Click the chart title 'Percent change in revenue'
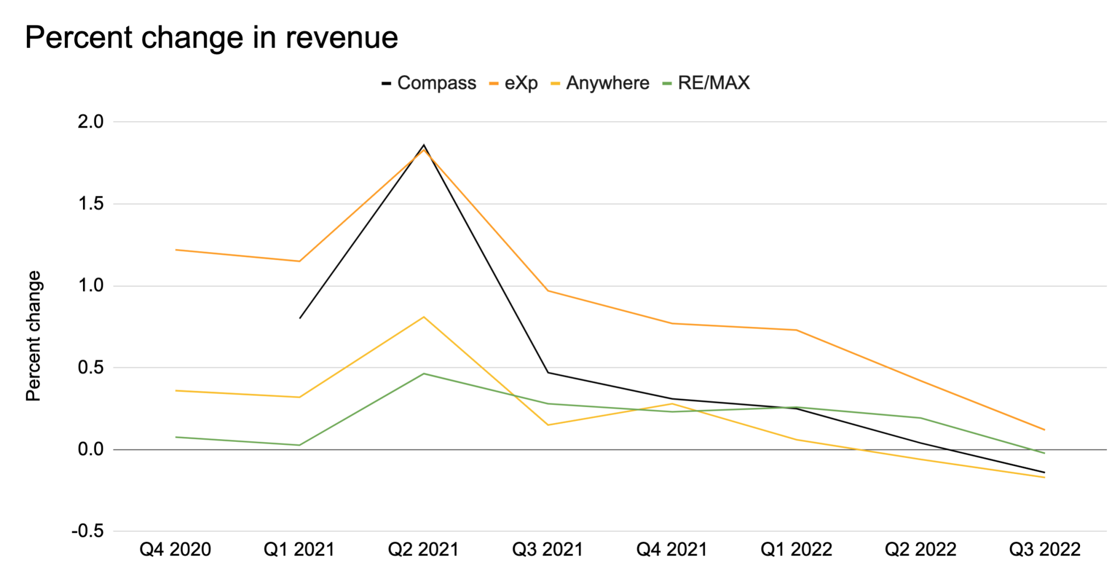(211, 37)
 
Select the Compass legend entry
(429, 83)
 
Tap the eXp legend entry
(514, 83)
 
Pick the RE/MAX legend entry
(707, 83)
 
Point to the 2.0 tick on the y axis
(91, 122)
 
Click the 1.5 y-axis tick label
(91, 204)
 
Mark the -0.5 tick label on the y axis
(88, 531)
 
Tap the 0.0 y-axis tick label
(91, 449)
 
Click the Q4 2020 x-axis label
(175, 549)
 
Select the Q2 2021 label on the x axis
(424, 549)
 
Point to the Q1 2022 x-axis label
(796, 549)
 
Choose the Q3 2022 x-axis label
(1044, 549)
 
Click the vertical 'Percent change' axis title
(34, 336)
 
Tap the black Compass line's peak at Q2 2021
(424, 145)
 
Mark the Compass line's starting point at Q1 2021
(300, 318)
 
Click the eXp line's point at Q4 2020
(176, 250)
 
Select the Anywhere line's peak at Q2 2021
(424, 317)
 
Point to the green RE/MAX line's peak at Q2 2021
(424, 373)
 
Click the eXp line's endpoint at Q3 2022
(1044, 429)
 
